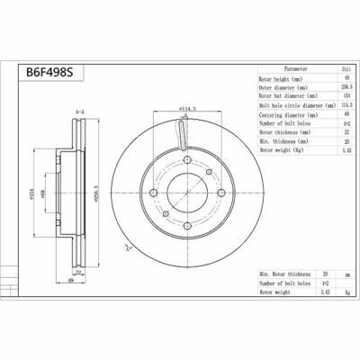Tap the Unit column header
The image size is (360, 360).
(x=336, y=67)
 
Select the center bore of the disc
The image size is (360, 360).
(x=184, y=194)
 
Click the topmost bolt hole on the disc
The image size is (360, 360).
(x=184, y=159)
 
